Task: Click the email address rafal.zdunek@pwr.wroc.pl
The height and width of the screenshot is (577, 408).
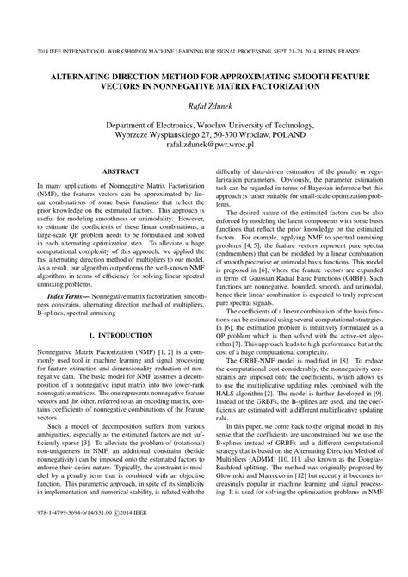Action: tap(204, 146)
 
